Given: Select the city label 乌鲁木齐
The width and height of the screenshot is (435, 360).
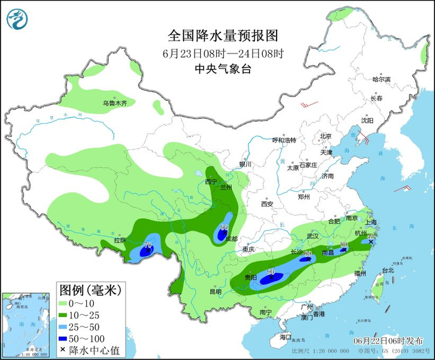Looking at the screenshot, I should coord(114,103).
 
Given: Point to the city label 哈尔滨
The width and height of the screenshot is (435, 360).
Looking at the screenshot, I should coord(381,80).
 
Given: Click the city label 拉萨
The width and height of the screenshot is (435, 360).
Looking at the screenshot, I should coord(119,240).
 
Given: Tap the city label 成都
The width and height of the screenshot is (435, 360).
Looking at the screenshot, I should coord(231,238).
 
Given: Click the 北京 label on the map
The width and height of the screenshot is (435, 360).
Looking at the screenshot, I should coord(326,136).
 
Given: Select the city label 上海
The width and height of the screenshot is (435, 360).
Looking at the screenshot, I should coord(373,222).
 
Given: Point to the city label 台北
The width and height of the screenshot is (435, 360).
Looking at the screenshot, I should coord(387,270).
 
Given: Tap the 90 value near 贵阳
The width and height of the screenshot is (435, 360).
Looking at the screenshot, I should coord(271,272).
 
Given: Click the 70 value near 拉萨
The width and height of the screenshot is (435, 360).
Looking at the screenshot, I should coord(148,244).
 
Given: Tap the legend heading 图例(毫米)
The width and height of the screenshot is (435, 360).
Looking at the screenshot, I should coord(89,289).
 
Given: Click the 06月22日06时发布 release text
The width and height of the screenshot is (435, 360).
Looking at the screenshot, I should coord(380,341).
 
